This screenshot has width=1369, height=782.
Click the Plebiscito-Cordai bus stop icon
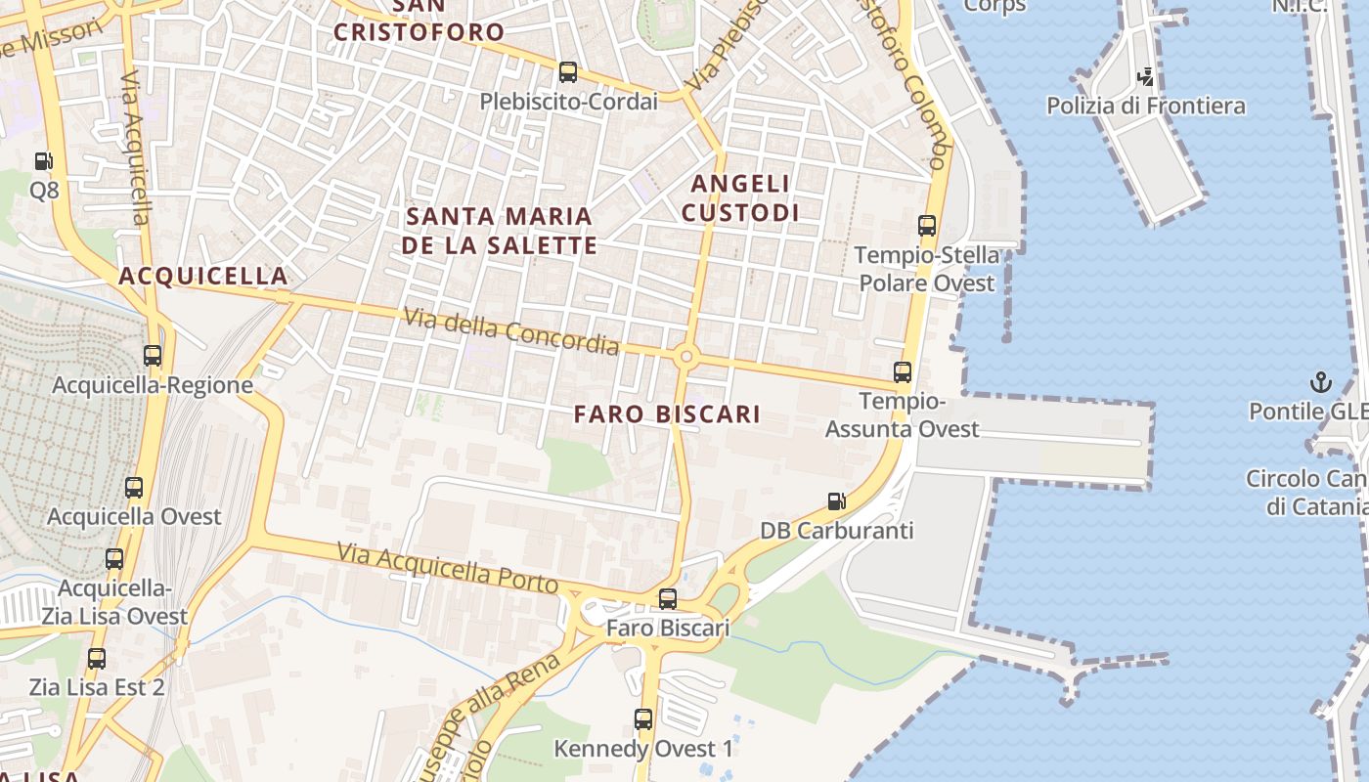pyautogui.click(x=568, y=72)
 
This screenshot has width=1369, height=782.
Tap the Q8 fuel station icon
pyautogui.click(x=43, y=161)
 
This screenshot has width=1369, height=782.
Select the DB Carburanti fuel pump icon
pyautogui.click(x=837, y=501)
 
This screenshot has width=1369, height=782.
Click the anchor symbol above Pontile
pyautogui.click(x=1321, y=382)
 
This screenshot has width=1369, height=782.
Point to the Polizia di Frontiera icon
pyautogui.click(x=1145, y=76)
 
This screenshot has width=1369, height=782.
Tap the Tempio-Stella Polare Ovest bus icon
pyautogui.click(x=927, y=226)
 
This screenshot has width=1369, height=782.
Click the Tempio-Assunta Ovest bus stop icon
pyautogui.click(x=903, y=372)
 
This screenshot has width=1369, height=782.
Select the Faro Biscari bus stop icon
pyautogui.click(x=668, y=598)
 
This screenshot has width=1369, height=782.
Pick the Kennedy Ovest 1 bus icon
pyautogui.click(x=643, y=719)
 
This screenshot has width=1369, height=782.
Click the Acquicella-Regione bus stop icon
pyautogui.click(x=153, y=356)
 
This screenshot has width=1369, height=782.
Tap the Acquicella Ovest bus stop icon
pyautogui.click(x=134, y=487)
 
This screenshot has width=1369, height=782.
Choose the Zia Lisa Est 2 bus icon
pyautogui.click(x=96, y=658)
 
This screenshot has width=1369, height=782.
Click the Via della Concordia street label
pyautogui.click(x=511, y=331)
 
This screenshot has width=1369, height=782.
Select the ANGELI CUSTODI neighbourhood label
pyautogui.click(x=740, y=197)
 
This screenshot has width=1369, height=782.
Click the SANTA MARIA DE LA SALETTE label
pyautogui.click(x=499, y=230)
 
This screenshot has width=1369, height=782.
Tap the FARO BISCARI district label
pyautogui.click(x=667, y=414)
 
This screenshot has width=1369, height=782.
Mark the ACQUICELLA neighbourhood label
pyautogui.click(x=203, y=277)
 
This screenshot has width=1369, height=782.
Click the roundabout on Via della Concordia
pyautogui.click(x=685, y=358)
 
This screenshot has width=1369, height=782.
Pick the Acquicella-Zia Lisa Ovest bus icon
pyautogui.click(x=114, y=559)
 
